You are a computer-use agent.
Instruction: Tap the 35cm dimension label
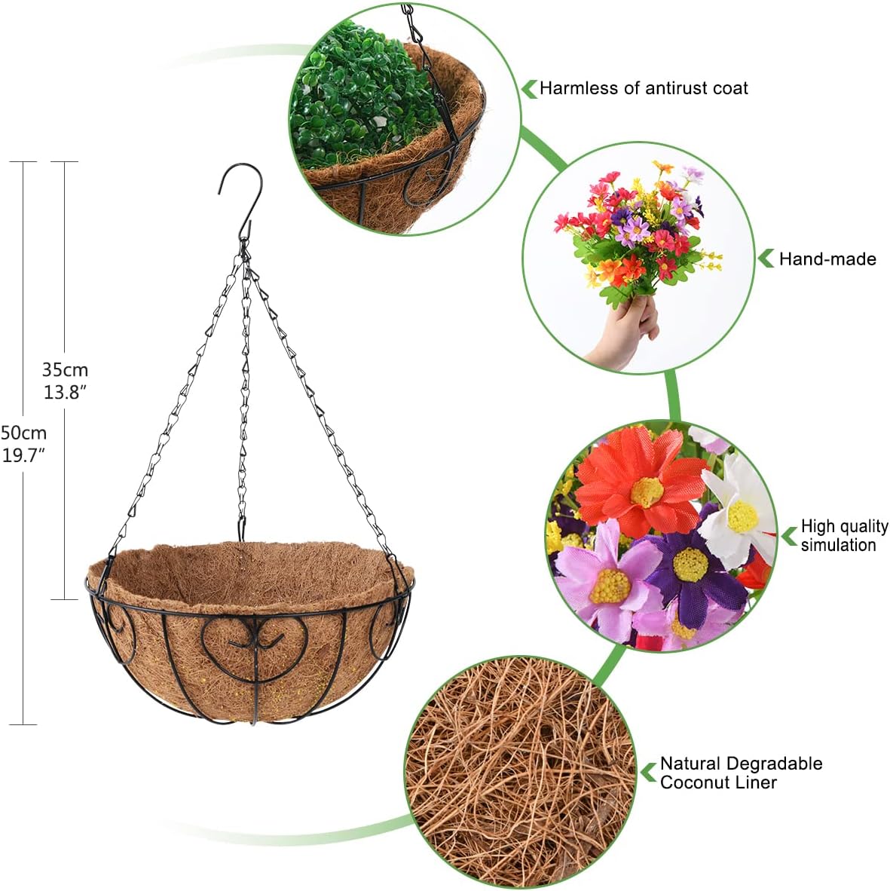pyautogui.click(x=65, y=370)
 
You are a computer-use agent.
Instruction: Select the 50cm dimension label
pyautogui.click(x=24, y=433)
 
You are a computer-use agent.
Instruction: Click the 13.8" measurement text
pyautogui.click(x=66, y=392)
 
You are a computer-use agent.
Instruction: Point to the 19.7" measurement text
pyautogui.click(x=24, y=455)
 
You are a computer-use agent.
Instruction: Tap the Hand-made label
pyautogui.click(x=827, y=259)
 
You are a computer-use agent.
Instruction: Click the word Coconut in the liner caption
pyautogui.click(x=691, y=782)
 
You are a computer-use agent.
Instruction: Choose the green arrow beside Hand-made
pyautogui.click(x=766, y=259)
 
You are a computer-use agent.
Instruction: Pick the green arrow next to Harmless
pyautogui.click(x=529, y=88)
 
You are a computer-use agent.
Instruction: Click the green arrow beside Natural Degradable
pyautogui.click(x=648, y=772)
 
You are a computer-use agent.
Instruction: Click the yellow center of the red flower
pyautogui.click(x=646, y=491)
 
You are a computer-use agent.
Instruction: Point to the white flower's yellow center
pyautogui.click(x=742, y=516)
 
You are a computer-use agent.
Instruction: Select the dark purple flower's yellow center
pyautogui.click(x=689, y=564)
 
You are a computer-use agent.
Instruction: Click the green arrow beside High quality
pyautogui.click(x=789, y=536)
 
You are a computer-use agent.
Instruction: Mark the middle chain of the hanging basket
pyautogui.click(x=243, y=392)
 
